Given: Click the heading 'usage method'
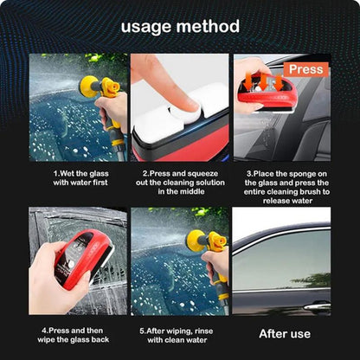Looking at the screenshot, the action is coord(180,27).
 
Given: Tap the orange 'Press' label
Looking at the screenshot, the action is coord(306,69).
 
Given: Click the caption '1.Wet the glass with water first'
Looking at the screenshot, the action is coord(80,178).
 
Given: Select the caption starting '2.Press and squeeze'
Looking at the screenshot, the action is coord(180,183).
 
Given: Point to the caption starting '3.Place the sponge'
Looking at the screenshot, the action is coord(286,187).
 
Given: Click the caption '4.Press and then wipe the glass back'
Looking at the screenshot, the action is coord(74,335).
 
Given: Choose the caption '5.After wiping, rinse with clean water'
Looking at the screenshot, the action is coord(177,335).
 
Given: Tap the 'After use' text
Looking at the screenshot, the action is coord(285,334).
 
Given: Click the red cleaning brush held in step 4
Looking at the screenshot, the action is coord(83,258).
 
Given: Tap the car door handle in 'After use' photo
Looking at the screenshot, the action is coord(317,306).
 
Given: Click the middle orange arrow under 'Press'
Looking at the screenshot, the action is coord(263,82).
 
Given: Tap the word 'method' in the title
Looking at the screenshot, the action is coord(208,26).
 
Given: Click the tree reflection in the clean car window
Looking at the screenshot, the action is coord(312,280).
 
